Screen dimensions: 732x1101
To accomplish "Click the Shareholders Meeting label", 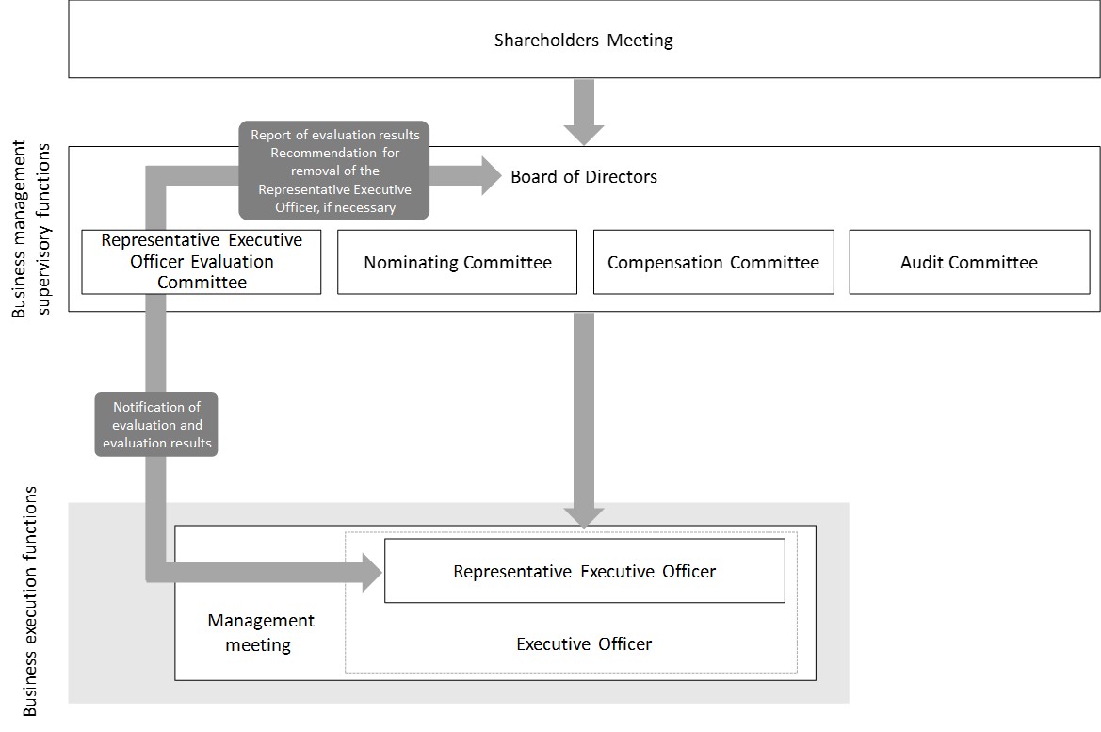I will [x=584, y=41].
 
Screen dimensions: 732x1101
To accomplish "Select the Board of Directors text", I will [x=584, y=176].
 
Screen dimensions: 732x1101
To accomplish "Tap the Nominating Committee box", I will [x=458, y=263].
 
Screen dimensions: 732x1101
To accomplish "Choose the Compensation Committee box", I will [x=713, y=263].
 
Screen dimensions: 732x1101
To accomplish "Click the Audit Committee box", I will [x=969, y=263].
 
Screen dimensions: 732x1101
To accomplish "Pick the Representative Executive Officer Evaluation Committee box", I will [x=202, y=262].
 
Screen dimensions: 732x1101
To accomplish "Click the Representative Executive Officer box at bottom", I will [x=584, y=571].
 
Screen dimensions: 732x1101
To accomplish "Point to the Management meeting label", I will [x=261, y=633].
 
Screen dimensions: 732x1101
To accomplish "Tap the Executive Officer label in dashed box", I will [x=584, y=644].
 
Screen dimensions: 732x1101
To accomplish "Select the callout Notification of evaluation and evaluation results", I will [x=156, y=425].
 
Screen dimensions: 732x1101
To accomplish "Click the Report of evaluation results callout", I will [x=334, y=171].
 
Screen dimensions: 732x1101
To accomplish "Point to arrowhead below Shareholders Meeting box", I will [x=584, y=133].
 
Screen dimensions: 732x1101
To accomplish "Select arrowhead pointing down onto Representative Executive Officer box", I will [x=584, y=515].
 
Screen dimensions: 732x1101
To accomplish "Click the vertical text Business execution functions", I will [x=30, y=603].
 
